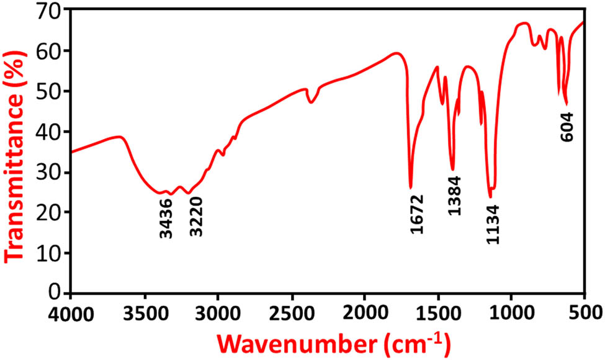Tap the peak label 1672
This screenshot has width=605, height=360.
416,214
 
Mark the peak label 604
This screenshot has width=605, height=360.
567,127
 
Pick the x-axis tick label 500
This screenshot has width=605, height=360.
585,310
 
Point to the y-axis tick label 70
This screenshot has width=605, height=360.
52,11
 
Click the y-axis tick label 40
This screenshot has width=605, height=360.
52,132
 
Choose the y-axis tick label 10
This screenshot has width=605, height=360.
52,253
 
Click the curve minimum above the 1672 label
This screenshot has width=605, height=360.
411,187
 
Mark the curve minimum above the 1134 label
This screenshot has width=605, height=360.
490,197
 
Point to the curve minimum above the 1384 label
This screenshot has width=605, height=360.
452,169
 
